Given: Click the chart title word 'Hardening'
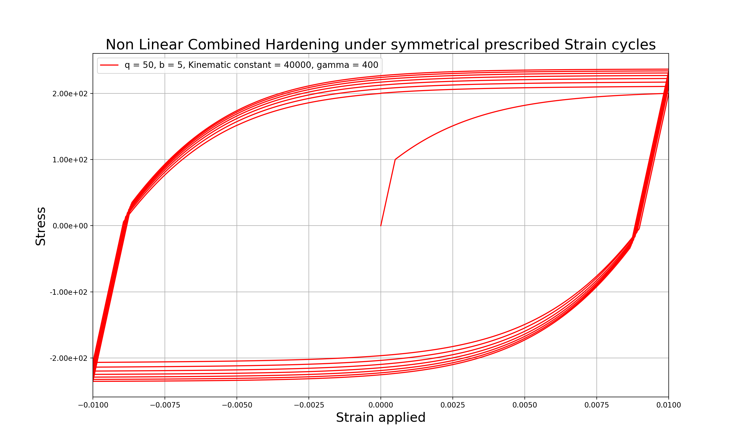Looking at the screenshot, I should [x=302, y=45].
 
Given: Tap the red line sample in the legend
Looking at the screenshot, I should [x=109, y=65].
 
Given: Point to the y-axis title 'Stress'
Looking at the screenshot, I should [x=41, y=226].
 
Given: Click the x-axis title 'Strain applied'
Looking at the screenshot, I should [x=381, y=417].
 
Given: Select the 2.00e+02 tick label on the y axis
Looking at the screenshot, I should [x=70, y=94].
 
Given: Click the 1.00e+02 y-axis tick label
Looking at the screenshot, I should [x=70, y=160].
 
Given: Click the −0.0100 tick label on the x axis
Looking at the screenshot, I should [x=93, y=405].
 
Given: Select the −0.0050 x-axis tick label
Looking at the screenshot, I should [x=237, y=405].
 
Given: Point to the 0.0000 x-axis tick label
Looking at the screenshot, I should [x=381, y=405].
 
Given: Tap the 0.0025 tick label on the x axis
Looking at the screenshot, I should [x=453, y=405].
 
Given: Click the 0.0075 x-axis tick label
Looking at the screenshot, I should [x=596, y=405].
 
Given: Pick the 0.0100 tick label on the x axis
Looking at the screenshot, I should [x=668, y=405].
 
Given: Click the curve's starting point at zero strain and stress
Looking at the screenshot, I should [x=381, y=226].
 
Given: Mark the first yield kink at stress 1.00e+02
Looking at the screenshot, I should [x=395, y=160].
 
